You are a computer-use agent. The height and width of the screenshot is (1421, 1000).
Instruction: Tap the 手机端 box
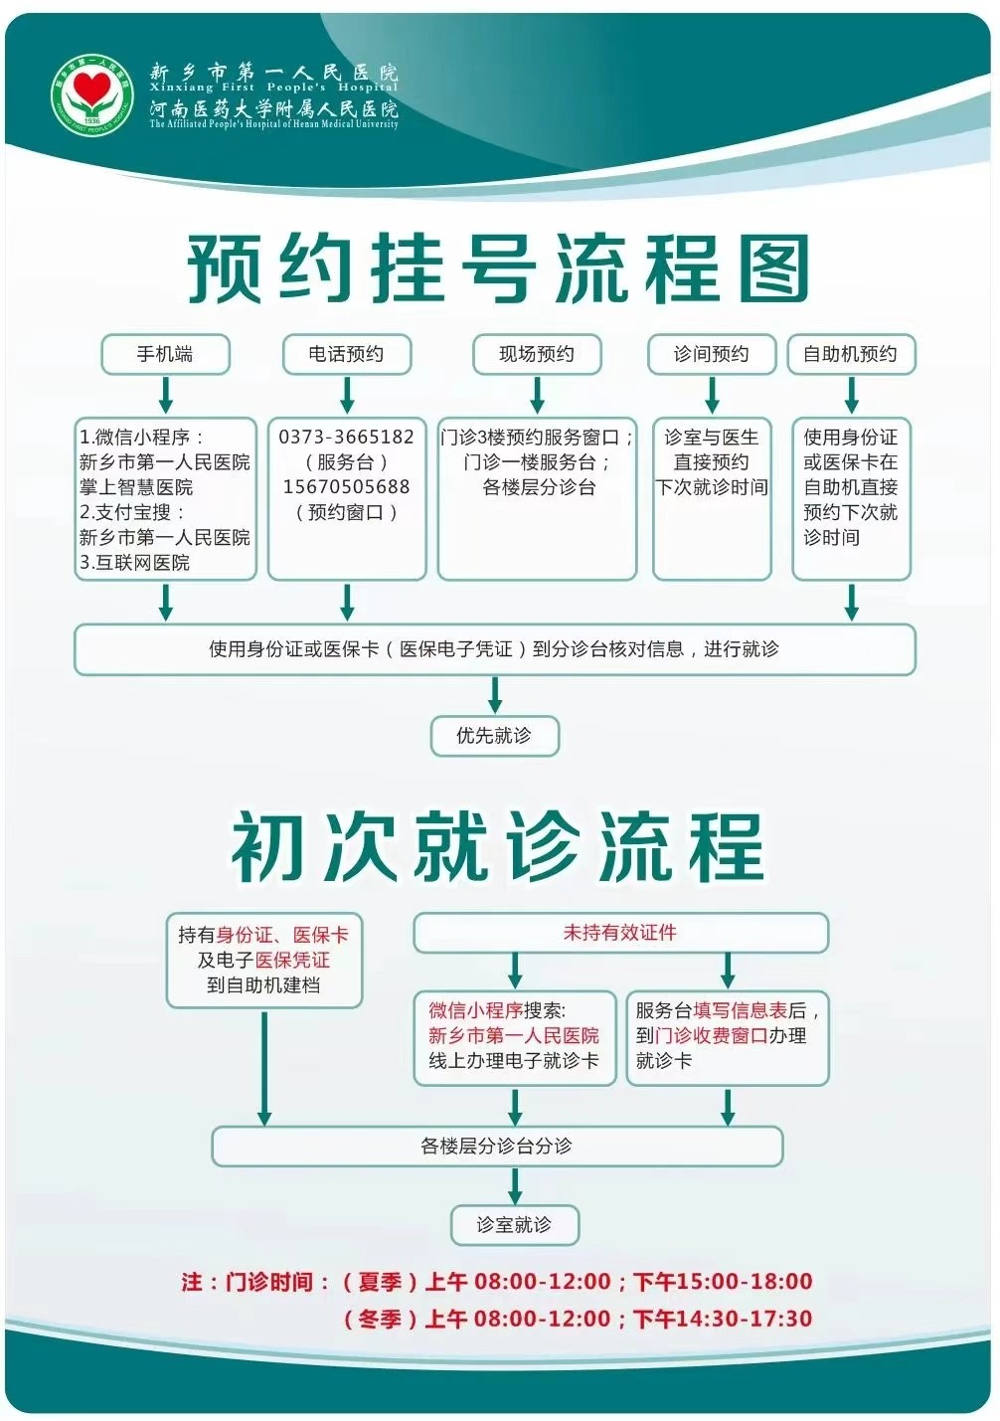pyautogui.click(x=165, y=354)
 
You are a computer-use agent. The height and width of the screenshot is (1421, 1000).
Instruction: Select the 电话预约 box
pyautogui.click(x=346, y=354)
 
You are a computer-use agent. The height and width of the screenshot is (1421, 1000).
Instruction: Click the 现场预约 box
pyautogui.click(x=537, y=354)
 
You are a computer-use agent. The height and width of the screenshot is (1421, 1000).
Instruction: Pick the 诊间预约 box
pyautogui.click(x=711, y=354)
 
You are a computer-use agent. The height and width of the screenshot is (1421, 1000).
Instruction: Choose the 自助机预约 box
pyautogui.click(x=850, y=354)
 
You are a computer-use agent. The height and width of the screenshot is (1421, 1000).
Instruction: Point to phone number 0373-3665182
pyautogui.click(x=346, y=438)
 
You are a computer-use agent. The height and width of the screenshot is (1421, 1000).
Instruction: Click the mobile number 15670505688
pyautogui.click(x=346, y=487)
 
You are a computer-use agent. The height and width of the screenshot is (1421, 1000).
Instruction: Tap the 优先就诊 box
pyautogui.click(x=494, y=736)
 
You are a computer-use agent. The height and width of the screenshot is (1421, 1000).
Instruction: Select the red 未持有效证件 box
pyautogui.click(x=620, y=933)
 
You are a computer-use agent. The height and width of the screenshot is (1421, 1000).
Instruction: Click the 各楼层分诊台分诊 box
pyautogui.click(x=497, y=1146)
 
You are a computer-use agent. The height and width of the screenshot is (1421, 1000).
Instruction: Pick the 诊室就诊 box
pyautogui.click(x=514, y=1225)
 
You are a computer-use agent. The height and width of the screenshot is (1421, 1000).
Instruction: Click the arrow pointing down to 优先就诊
pyautogui.click(x=495, y=695)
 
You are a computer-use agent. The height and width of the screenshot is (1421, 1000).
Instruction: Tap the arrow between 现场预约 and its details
pyautogui.click(x=537, y=395)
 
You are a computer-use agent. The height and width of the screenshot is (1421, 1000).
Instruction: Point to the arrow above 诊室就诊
pyautogui.click(x=514, y=1185)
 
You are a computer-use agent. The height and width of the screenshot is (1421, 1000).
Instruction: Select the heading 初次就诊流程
pyautogui.click(x=497, y=847)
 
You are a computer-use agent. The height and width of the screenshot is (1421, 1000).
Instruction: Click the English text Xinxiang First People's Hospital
pyautogui.click(x=273, y=88)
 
